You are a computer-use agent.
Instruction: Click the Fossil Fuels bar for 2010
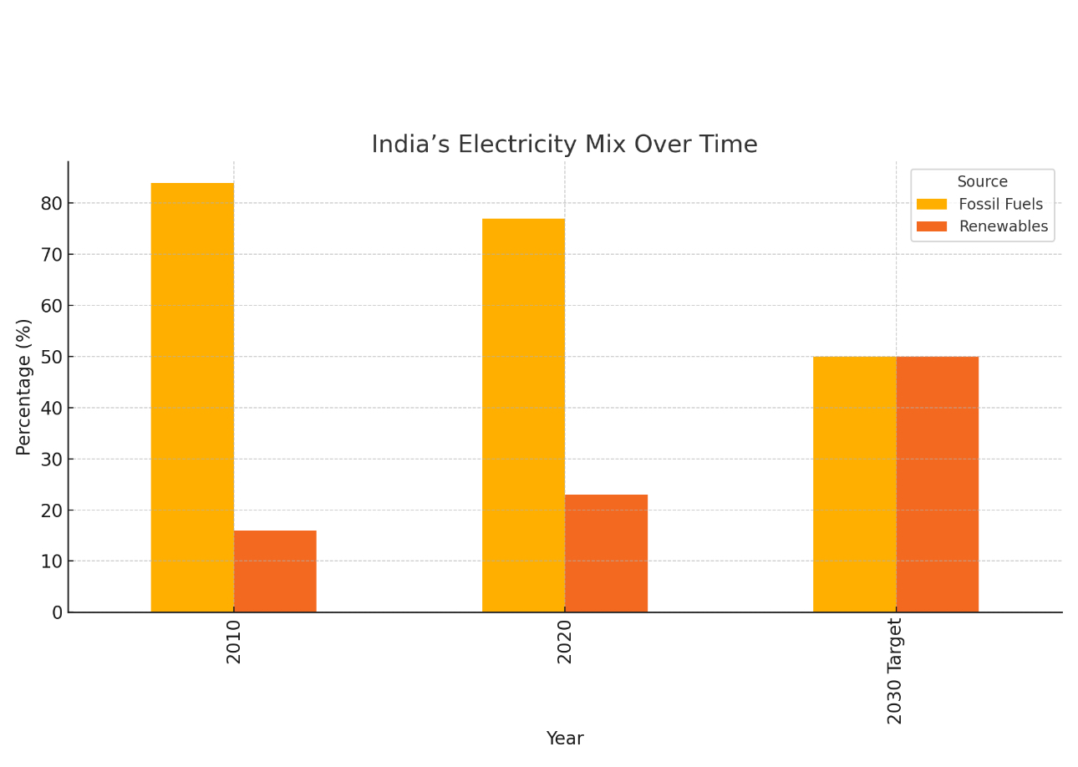coord(192,398)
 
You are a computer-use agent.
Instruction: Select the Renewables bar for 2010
coord(275,571)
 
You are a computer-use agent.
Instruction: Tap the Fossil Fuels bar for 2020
coord(523,415)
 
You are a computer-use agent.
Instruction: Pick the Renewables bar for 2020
coord(606,553)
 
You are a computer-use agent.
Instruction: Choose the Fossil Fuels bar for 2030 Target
coord(854,485)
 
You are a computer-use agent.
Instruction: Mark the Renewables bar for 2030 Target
coord(937,485)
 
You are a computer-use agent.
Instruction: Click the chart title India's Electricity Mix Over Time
coord(564,145)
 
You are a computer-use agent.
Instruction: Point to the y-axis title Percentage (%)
coord(24,387)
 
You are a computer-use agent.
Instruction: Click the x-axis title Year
coord(565,739)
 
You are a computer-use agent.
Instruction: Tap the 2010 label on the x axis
coord(234,642)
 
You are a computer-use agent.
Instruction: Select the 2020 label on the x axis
coord(565,642)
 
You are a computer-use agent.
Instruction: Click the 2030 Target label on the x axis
coord(896,671)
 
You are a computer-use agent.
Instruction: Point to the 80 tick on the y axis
coord(51,203)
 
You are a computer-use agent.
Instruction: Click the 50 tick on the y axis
coord(51,357)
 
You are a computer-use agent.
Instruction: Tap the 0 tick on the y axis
coord(57,612)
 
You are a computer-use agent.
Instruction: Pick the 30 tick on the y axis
coord(51,459)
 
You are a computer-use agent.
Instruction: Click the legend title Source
coord(982,182)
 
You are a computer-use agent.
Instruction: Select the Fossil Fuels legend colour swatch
coord(932,205)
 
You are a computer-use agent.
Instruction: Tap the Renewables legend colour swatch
coord(932,226)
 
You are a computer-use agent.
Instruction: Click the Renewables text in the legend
coord(1003,226)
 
